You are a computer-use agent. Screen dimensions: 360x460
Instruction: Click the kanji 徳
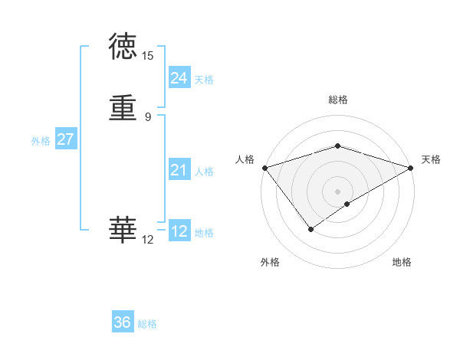click(x=123, y=47)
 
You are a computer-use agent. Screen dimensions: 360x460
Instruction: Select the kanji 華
click(x=123, y=231)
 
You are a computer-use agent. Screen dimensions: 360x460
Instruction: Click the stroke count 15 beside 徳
click(x=148, y=56)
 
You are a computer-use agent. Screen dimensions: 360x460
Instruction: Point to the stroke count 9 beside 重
click(x=148, y=117)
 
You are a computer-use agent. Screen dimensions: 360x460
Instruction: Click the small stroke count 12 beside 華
click(x=148, y=240)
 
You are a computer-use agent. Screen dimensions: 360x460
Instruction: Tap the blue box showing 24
click(x=179, y=78)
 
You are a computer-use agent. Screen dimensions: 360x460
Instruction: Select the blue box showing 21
click(x=179, y=170)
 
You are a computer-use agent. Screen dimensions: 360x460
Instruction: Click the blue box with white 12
click(x=179, y=231)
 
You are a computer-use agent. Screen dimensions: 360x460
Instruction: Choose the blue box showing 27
click(x=66, y=139)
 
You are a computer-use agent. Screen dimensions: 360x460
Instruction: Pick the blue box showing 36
click(x=123, y=322)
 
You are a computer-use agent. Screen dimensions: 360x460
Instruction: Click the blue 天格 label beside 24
click(x=204, y=80)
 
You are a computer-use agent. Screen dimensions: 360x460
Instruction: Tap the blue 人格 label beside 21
click(x=204, y=172)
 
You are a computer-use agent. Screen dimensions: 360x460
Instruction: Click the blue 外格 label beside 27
click(x=41, y=141)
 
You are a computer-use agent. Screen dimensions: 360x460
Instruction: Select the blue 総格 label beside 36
click(x=147, y=324)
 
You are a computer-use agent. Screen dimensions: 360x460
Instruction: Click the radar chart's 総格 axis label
click(x=338, y=100)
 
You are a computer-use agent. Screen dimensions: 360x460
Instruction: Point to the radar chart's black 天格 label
click(x=431, y=159)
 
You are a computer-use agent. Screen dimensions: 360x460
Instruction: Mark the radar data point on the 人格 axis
click(x=264, y=167)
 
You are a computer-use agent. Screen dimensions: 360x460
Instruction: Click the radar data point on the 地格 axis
click(x=347, y=203)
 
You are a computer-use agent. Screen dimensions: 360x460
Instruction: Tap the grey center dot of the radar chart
click(x=338, y=191)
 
